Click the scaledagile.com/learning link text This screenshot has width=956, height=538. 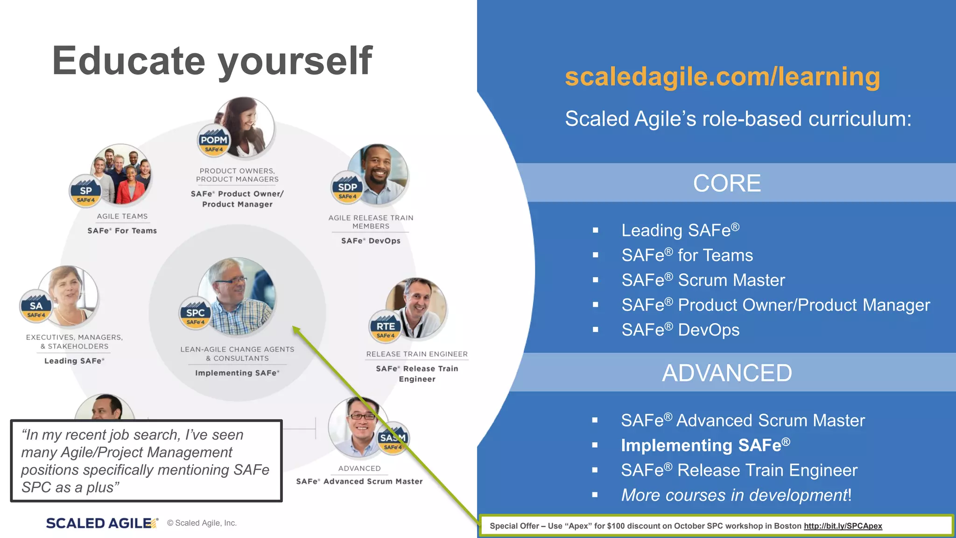click(722, 77)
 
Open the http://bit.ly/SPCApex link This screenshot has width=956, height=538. click(843, 526)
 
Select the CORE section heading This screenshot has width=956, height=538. click(727, 183)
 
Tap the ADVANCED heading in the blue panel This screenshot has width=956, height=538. click(727, 373)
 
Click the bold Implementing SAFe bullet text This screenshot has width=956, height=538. click(705, 445)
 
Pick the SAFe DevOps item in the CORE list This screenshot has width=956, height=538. click(680, 330)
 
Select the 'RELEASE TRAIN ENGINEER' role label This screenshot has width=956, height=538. click(417, 354)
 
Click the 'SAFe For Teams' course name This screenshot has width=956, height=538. click(122, 231)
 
